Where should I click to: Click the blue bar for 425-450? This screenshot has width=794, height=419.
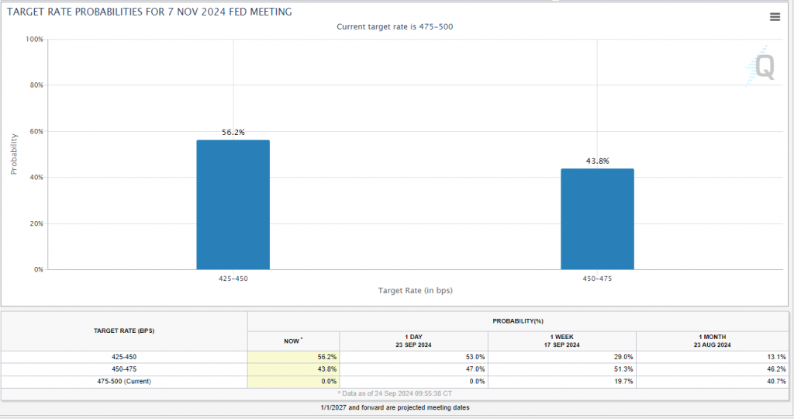[x=233, y=205]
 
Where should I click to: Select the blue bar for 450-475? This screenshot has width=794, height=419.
[x=597, y=219]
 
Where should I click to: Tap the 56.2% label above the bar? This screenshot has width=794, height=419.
[x=233, y=133]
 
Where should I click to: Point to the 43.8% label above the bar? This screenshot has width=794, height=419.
[x=597, y=161]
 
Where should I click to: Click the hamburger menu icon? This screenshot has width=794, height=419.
[x=775, y=17]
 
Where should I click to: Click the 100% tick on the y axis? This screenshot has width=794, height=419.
[x=34, y=39]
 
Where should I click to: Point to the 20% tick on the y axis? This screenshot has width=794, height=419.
[x=36, y=223]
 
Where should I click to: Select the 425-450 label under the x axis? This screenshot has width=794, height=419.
[x=233, y=277]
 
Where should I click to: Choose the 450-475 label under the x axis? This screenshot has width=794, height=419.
[x=597, y=277]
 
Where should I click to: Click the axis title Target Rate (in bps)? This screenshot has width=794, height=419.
[x=415, y=290]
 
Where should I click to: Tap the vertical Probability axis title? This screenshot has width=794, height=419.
[x=13, y=153]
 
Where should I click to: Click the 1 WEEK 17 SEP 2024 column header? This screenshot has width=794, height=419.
[x=561, y=340]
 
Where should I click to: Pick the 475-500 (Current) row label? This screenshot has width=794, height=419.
[x=124, y=381]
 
